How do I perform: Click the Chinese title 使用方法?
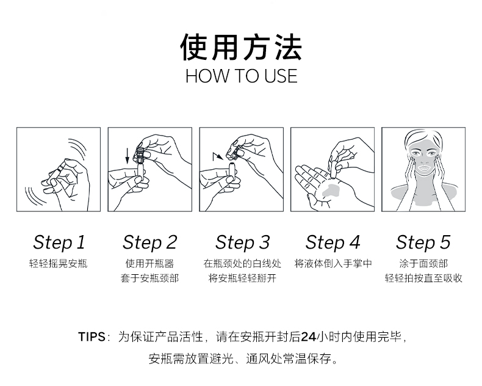tap(241, 47)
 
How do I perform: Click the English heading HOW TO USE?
tap(242, 76)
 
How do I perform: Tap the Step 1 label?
tap(59, 242)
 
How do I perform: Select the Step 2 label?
tap(150, 242)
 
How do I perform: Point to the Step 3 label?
tap(243, 242)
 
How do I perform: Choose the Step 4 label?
tap(333, 242)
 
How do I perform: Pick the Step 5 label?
tap(423, 242)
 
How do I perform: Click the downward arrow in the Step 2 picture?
tap(128, 156)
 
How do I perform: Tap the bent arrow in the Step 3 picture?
tap(218, 156)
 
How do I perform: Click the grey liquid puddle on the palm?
tap(331, 189)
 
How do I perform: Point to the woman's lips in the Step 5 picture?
tap(423, 168)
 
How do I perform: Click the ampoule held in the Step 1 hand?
tap(56, 173)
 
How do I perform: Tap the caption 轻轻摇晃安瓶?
tap(59, 264)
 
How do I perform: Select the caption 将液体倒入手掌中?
tap(333, 264)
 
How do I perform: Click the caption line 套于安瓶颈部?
tap(149, 279)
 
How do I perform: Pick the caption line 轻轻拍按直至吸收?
tap(423, 279)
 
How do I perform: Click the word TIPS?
tap(92, 337)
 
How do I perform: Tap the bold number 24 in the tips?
tap(308, 337)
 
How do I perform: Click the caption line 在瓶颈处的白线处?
tap(242, 264)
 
